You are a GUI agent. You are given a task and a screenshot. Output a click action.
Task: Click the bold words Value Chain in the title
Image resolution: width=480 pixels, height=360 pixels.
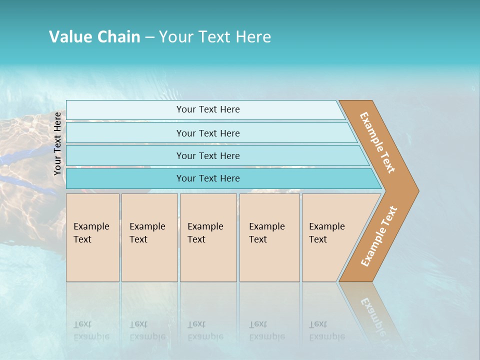(94, 37)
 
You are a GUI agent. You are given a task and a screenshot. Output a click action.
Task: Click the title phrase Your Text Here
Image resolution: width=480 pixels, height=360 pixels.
(214, 37)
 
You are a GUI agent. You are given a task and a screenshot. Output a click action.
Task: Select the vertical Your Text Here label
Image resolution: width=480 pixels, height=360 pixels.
(58, 143)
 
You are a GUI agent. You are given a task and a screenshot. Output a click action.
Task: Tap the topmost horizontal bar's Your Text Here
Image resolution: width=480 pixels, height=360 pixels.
(208, 109)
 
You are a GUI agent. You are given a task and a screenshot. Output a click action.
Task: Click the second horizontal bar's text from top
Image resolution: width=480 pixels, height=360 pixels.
(208, 133)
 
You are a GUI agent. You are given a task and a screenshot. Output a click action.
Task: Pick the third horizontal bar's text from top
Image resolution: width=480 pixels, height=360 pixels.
(208, 156)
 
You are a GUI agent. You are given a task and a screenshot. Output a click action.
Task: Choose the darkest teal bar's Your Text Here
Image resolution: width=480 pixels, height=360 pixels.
(208, 178)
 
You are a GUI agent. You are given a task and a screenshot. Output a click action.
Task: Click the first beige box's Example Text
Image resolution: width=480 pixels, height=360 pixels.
(91, 233)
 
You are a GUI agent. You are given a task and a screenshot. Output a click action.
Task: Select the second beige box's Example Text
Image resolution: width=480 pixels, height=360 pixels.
(147, 233)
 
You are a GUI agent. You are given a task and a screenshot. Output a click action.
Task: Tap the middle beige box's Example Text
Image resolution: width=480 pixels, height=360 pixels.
(205, 233)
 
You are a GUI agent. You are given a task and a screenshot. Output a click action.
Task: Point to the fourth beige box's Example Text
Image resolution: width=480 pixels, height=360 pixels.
(266, 233)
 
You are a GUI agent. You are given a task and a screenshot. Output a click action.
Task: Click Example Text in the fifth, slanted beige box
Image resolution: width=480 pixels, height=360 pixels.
(326, 233)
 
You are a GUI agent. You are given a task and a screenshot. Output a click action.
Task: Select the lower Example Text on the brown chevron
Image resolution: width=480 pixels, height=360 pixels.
(379, 236)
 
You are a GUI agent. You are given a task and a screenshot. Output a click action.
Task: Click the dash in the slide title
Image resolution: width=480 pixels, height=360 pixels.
(149, 37)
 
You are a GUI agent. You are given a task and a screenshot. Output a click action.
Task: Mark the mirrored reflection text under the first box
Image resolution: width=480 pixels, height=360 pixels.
(91, 330)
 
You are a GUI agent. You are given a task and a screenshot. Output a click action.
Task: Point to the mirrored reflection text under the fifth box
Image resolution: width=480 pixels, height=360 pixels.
(326, 330)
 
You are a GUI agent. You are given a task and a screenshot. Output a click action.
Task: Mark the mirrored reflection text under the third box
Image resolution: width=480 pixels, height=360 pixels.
(205, 330)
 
